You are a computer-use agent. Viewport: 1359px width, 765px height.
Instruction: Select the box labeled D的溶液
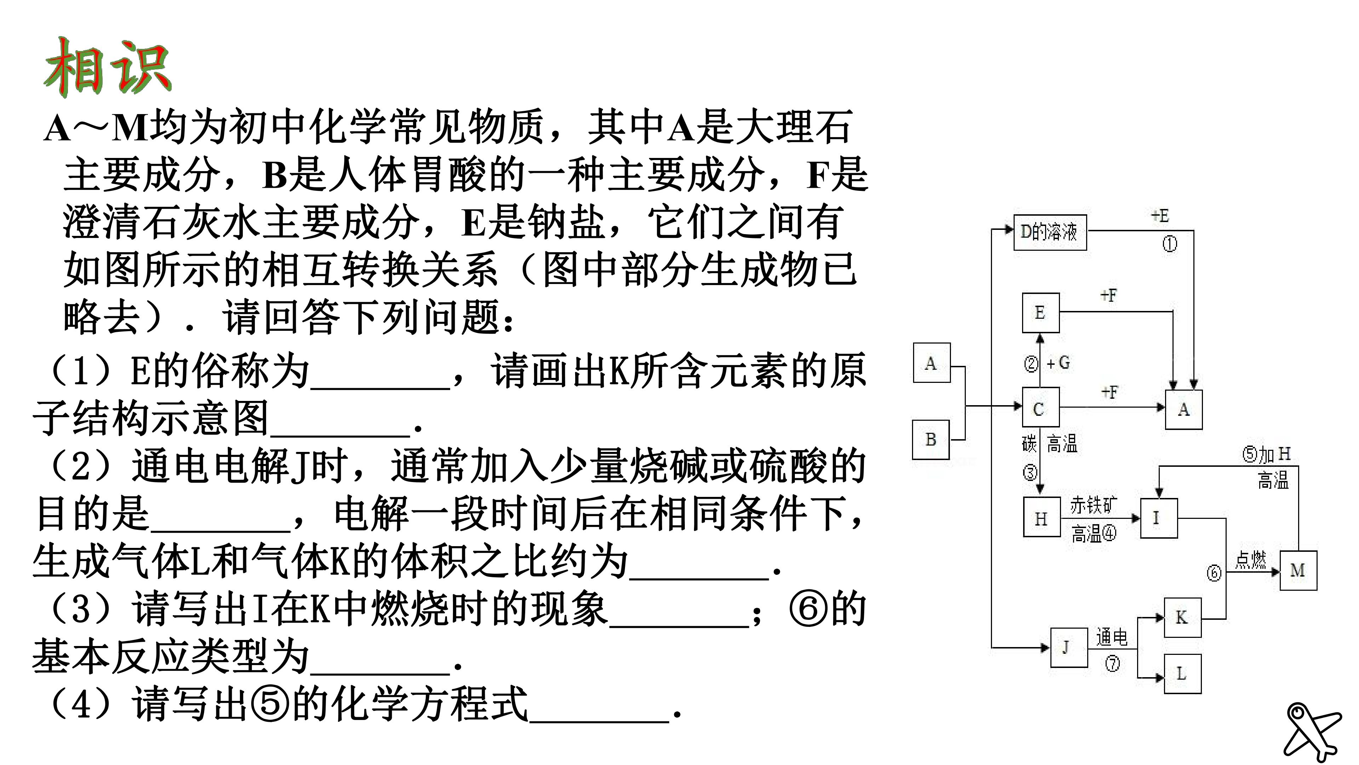pyautogui.click(x=1050, y=232)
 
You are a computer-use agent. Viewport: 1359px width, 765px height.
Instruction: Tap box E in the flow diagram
pyautogui.click(x=1040, y=312)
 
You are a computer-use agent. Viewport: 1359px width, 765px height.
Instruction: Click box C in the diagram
pyautogui.click(x=1040, y=407)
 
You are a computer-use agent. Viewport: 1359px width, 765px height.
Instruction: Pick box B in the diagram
pyautogui.click(x=931, y=439)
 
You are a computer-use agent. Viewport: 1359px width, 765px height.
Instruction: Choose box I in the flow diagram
pyautogui.click(x=1159, y=518)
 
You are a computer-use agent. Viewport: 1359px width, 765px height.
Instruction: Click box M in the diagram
pyautogui.click(x=1298, y=570)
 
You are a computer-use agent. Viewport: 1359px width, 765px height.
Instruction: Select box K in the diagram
pyautogui.click(x=1182, y=618)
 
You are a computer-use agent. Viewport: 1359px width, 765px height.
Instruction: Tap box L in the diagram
pyautogui.click(x=1182, y=674)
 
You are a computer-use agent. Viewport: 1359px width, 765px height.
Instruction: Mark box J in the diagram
pyautogui.click(x=1068, y=648)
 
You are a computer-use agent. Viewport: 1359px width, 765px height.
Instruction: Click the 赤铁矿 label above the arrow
pyautogui.click(x=1093, y=506)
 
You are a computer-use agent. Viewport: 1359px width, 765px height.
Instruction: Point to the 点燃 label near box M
pyautogui.click(x=1250, y=560)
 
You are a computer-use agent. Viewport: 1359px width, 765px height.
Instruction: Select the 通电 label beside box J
pyautogui.click(x=1112, y=637)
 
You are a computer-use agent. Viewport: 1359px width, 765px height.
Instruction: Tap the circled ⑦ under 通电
pyautogui.click(x=1112, y=663)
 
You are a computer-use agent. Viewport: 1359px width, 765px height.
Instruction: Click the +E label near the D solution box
pyautogui.click(x=1160, y=216)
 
